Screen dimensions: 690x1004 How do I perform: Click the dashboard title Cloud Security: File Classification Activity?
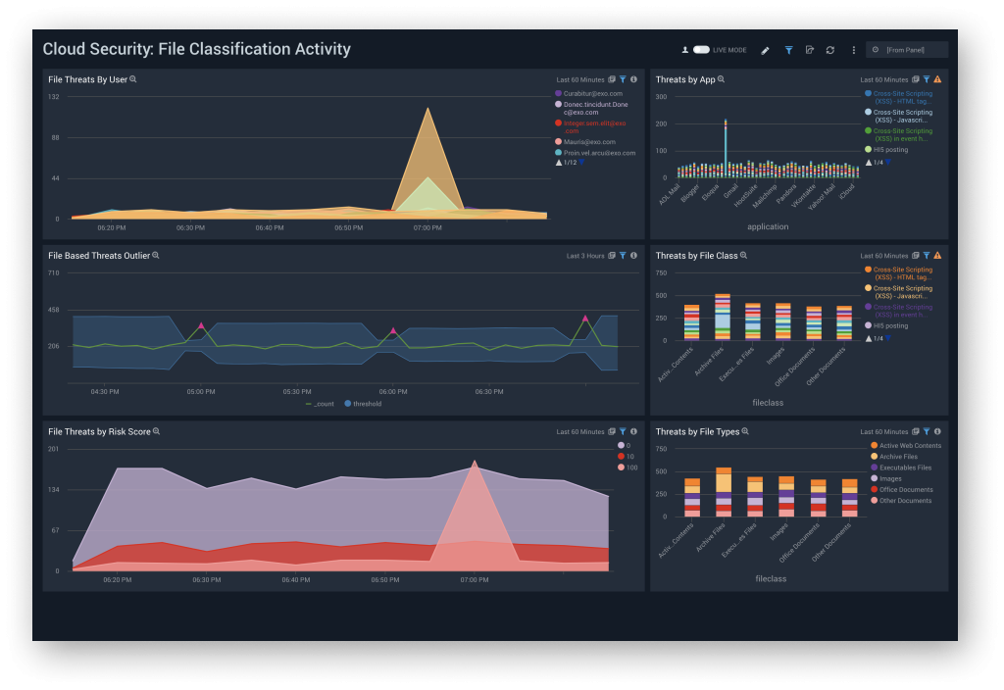coord(196,49)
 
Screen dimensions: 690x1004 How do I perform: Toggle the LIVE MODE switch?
coord(701,50)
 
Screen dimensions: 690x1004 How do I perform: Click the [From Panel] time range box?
coord(912,50)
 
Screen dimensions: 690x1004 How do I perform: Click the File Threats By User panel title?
coord(87,79)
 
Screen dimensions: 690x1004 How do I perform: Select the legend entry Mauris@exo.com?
coord(588,141)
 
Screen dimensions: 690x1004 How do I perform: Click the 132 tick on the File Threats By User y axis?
coord(54,97)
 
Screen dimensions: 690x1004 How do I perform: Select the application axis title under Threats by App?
coord(770,225)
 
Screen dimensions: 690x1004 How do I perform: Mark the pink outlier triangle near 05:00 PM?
coord(201,325)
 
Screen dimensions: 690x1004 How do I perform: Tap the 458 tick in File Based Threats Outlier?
coord(54,310)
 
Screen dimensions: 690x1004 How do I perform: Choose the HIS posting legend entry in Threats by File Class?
coord(889,325)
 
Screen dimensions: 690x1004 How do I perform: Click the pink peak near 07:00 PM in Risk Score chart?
coord(475,463)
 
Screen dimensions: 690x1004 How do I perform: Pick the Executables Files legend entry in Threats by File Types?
coord(905,468)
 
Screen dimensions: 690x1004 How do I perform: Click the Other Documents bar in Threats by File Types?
coord(849,498)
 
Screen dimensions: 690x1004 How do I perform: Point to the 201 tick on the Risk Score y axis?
coord(54,449)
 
